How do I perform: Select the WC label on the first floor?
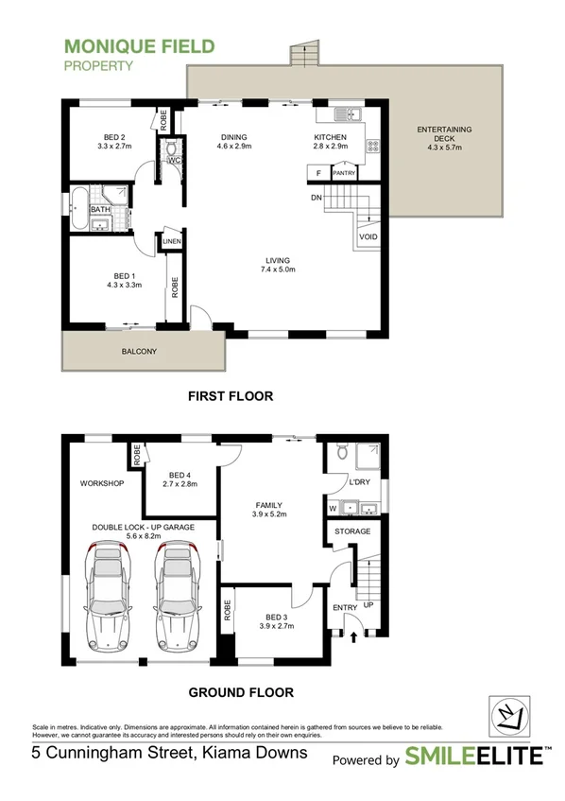pyautogui.click(x=175, y=160)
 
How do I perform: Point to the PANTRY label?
pyautogui.click(x=343, y=173)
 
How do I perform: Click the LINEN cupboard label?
pyautogui.click(x=171, y=242)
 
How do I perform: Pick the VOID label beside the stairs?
pyautogui.click(x=368, y=236)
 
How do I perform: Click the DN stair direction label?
pyautogui.click(x=317, y=198)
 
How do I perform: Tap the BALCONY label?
pyautogui.click(x=139, y=352)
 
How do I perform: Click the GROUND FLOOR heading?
pyautogui.click(x=241, y=692)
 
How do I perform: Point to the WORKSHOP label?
pyautogui.click(x=102, y=483)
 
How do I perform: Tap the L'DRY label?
pyautogui.click(x=358, y=483)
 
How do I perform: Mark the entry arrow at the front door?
pyautogui.click(x=354, y=637)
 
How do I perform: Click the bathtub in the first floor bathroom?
pyautogui.click(x=78, y=209)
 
